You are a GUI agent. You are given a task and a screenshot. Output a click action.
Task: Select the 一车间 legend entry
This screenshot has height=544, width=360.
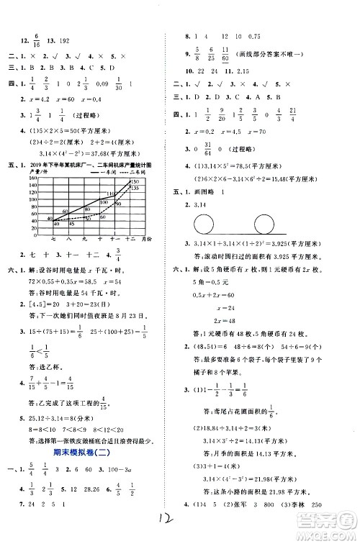(114, 173)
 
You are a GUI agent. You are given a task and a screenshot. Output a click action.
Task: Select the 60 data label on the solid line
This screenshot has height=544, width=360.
(63, 210)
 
